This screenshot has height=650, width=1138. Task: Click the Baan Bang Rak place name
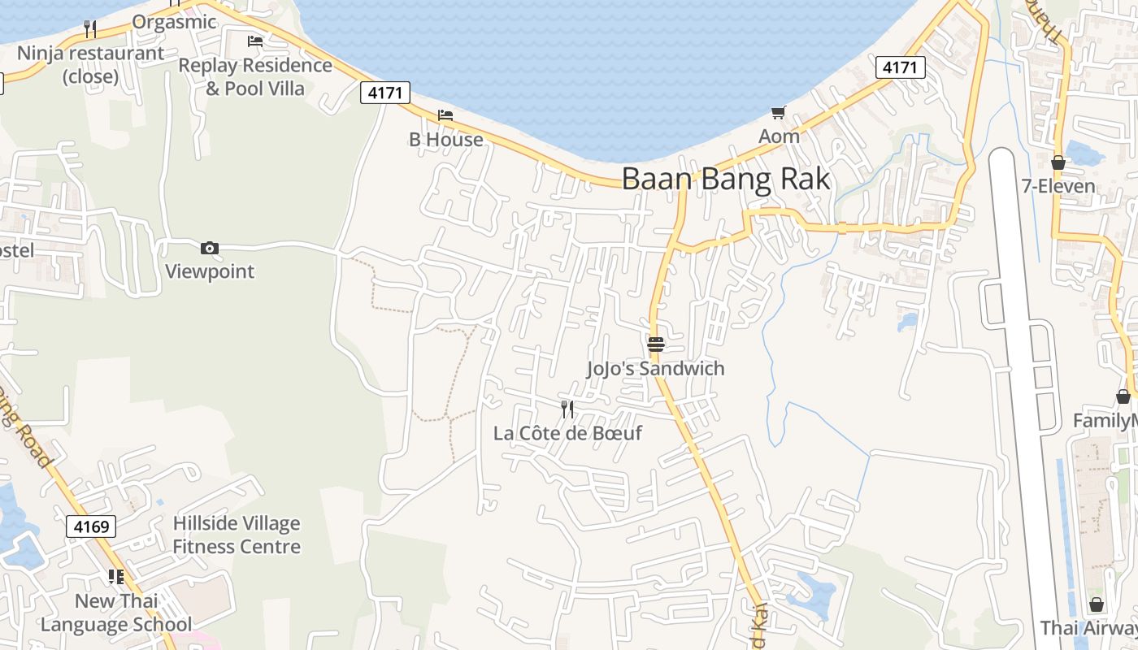[x=726, y=179]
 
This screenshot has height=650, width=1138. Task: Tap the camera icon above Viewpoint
[x=210, y=249]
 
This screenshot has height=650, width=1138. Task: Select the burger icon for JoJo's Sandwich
[x=656, y=344]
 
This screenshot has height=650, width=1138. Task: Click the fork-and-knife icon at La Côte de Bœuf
[x=567, y=409]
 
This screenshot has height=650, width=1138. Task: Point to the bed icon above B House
[x=445, y=115]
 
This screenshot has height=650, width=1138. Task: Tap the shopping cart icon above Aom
[x=779, y=113]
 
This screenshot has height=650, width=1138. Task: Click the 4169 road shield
[x=91, y=526]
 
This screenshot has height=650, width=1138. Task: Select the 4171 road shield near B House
[x=384, y=93]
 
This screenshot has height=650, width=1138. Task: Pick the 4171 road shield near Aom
[x=901, y=67]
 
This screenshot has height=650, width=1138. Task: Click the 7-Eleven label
[x=1058, y=186]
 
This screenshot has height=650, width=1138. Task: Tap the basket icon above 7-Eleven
[x=1058, y=162]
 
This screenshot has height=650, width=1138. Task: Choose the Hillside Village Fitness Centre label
[x=237, y=535]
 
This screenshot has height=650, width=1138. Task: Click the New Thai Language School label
[x=116, y=613]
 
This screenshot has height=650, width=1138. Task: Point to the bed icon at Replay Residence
[x=255, y=41]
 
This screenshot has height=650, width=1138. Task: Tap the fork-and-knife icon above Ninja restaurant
[x=90, y=29]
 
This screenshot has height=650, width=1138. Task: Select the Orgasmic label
[x=174, y=22]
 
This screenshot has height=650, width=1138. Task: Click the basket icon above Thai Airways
[x=1097, y=605]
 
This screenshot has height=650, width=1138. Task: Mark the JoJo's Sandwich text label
[x=655, y=369]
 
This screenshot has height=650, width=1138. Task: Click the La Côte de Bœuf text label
[x=567, y=433]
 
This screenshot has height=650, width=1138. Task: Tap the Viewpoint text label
[x=210, y=271]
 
